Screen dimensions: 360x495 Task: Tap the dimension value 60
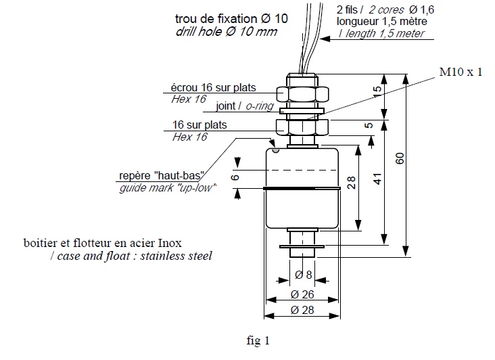point(400,158)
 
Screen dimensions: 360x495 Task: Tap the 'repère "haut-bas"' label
point(162,175)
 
